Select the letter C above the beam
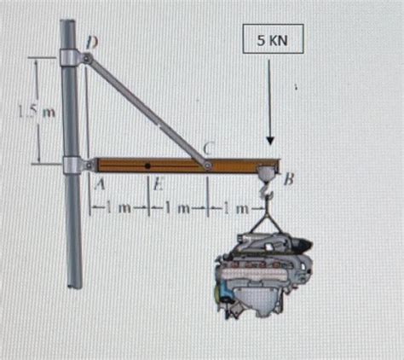click(206, 148)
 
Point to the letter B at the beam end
click(289, 179)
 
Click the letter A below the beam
click(99, 181)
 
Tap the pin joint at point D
click(87, 58)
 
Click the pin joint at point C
click(207, 161)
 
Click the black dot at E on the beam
click(148, 163)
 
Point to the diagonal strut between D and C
click(147, 108)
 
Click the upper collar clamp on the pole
click(70, 58)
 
